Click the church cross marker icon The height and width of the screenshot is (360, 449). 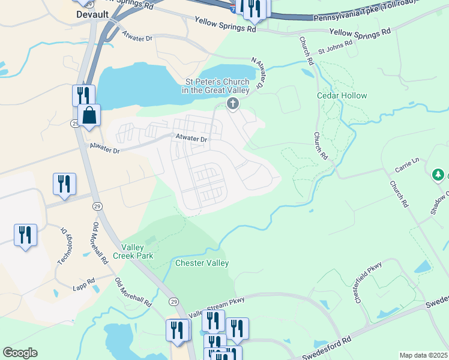232,104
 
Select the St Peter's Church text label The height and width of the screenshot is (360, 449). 216,85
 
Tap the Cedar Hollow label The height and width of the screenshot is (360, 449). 342,95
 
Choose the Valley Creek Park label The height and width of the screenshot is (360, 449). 137,251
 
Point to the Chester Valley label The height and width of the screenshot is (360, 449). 202,263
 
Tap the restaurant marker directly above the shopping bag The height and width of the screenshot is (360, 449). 83,95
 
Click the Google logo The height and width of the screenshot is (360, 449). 20,353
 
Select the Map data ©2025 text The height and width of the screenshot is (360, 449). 423,355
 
